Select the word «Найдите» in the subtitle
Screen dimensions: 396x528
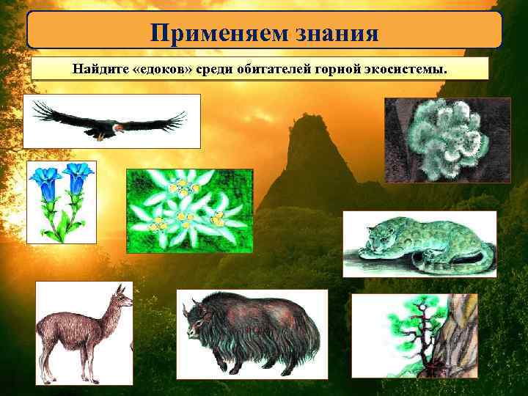tap(97, 69)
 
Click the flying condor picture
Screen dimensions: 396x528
tap(110, 122)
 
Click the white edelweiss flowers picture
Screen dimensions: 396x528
tap(189, 210)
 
